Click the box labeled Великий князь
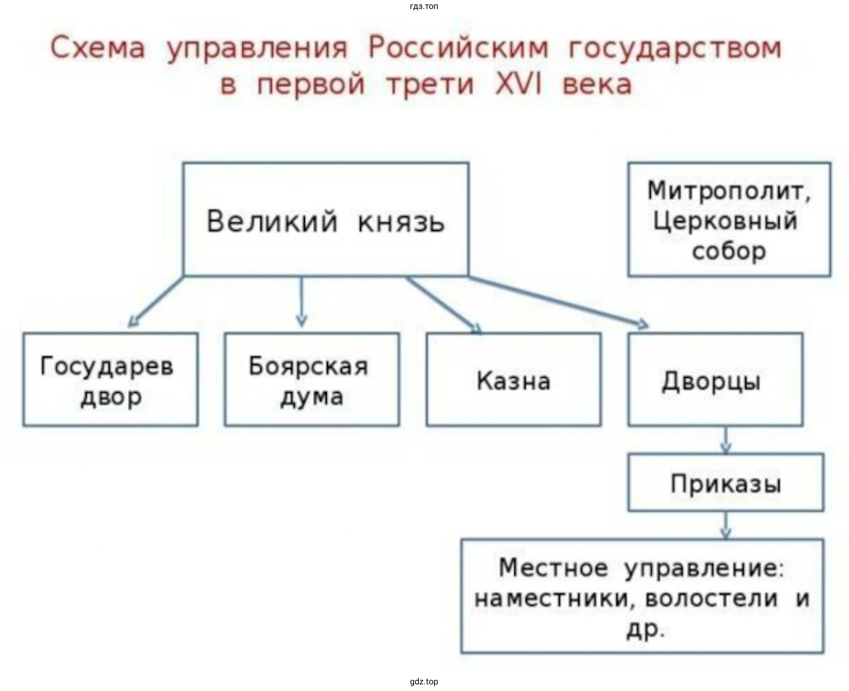point(325,219)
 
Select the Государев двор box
point(110,380)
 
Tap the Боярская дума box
point(311,380)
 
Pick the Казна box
point(513,380)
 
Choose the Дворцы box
point(715,380)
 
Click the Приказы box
point(725,483)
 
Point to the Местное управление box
point(642,596)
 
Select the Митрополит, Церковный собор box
point(729,220)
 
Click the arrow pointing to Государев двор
point(156,302)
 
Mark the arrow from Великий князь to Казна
point(443,304)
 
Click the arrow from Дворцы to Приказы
point(726,440)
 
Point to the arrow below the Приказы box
point(726,525)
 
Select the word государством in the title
point(674,48)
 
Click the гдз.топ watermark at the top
point(424,7)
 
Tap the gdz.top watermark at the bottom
point(424,682)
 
